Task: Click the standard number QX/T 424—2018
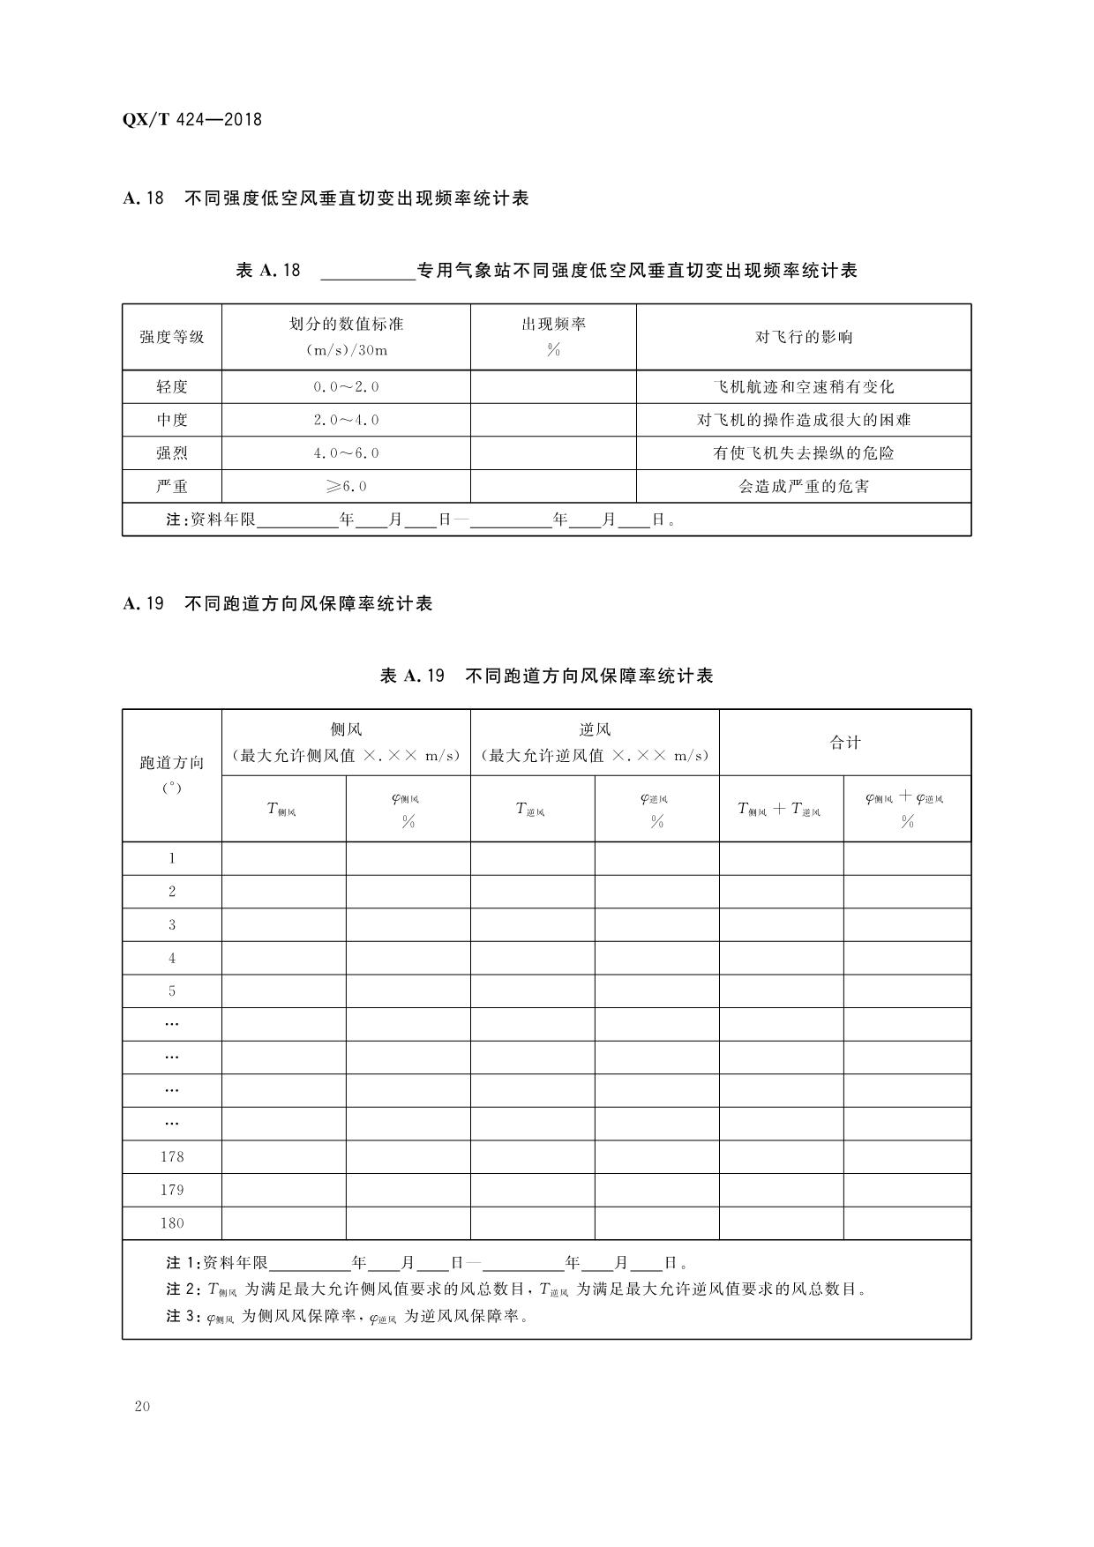pyautogui.click(x=191, y=120)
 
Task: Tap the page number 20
pyautogui.click(x=142, y=1406)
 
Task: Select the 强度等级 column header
pyautogui.click(x=172, y=337)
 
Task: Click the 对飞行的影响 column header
pyautogui.click(x=803, y=337)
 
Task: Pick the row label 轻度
pyautogui.click(x=172, y=386)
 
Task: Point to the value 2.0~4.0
pyautogui.click(x=346, y=420)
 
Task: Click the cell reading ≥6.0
pyautogui.click(x=346, y=486)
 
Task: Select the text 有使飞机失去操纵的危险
pyautogui.click(x=803, y=453)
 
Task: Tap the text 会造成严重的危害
pyautogui.click(x=803, y=486)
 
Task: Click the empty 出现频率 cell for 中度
pyautogui.click(x=553, y=420)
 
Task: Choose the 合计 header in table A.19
pyautogui.click(x=844, y=743)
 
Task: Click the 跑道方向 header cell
pyautogui.click(x=172, y=763)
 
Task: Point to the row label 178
pyautogui.click(x=172, y=1156)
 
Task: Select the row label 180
pyautogui.click(x=172, y=1222)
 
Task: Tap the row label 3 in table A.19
pyautogui.click(x=172, y=924)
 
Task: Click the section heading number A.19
pyautogui.click(x=143, y=604)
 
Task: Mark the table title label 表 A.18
pyautogui.click(x=268, y=271)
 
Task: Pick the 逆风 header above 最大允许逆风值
pyautogui.click(x=595, y=729)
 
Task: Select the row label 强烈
pyautogui.click(x=172, y=453)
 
